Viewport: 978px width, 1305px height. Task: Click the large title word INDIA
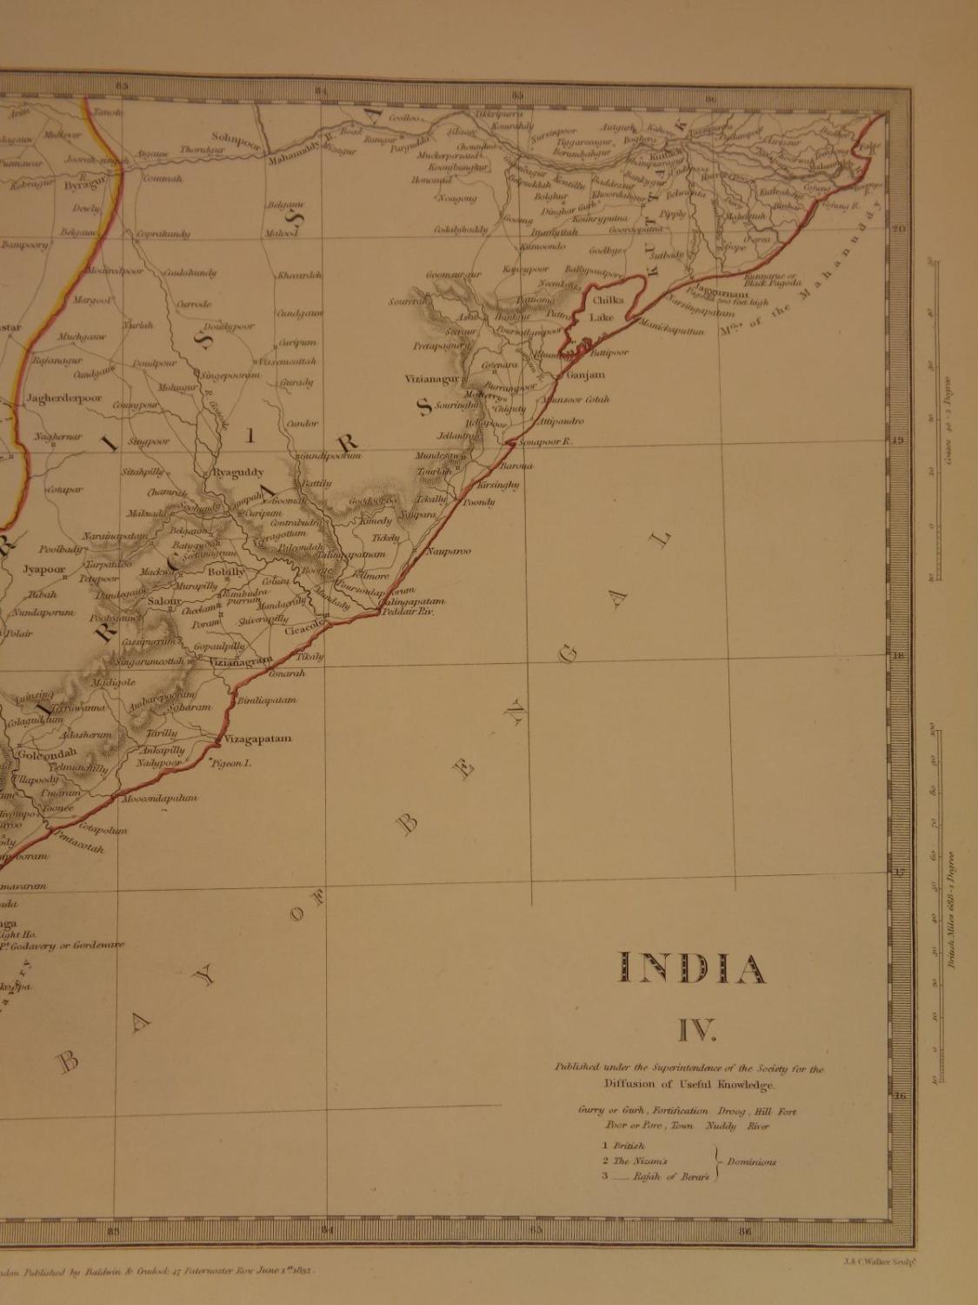pyautogui.click(x=692, y=968)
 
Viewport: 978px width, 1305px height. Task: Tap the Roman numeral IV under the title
pyautogui.click(x=696, y=1032)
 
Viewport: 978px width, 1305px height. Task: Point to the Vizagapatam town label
pyautogui.click(x=257, y=739)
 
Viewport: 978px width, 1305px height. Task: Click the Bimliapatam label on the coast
pyautogui.click(x=266, y=699)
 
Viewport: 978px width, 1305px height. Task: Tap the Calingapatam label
pyautogui.click(x=412, y=601)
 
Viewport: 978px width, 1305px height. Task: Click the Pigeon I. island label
pyautogui.click(x=231, y=763)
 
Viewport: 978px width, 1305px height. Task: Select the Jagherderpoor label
pyautogui.click(x=63, y=398)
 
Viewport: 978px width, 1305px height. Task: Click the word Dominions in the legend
pyautogui.click(x=753, y=1161)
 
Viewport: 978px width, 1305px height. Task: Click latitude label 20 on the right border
pyautogui.click(x=899, y=228)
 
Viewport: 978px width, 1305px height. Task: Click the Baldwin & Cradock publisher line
pyautogui.click(x=165, y=1271)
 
